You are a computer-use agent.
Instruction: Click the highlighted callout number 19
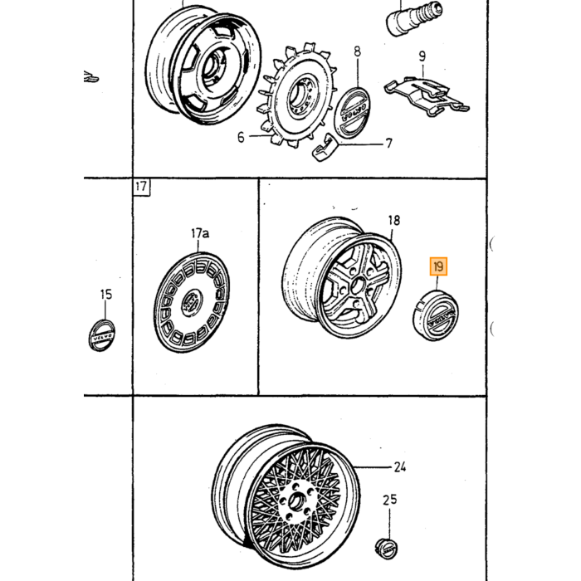[438, 266]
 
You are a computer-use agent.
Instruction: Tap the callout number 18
[394, 221]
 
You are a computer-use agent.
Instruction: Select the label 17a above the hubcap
[200, 233]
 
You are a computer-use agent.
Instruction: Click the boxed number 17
[141, 187]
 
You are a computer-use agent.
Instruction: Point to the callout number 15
[106, 295]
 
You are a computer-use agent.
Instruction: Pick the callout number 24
[400, 466]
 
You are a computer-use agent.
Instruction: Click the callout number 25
[390, 500]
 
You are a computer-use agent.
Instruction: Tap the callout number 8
[357, 51]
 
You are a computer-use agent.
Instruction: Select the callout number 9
[422, 56]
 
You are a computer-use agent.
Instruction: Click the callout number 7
[388, 143]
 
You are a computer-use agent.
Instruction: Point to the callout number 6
[241, 138]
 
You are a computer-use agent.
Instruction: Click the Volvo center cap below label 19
[436, 315]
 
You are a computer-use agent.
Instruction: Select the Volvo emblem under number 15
[101, 335]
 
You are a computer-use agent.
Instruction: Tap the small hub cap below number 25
[386, 548]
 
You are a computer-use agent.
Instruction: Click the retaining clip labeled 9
[426, 95]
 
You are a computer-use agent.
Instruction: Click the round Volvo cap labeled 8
[352, 113]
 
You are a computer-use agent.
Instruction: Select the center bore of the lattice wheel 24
[295, 501]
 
